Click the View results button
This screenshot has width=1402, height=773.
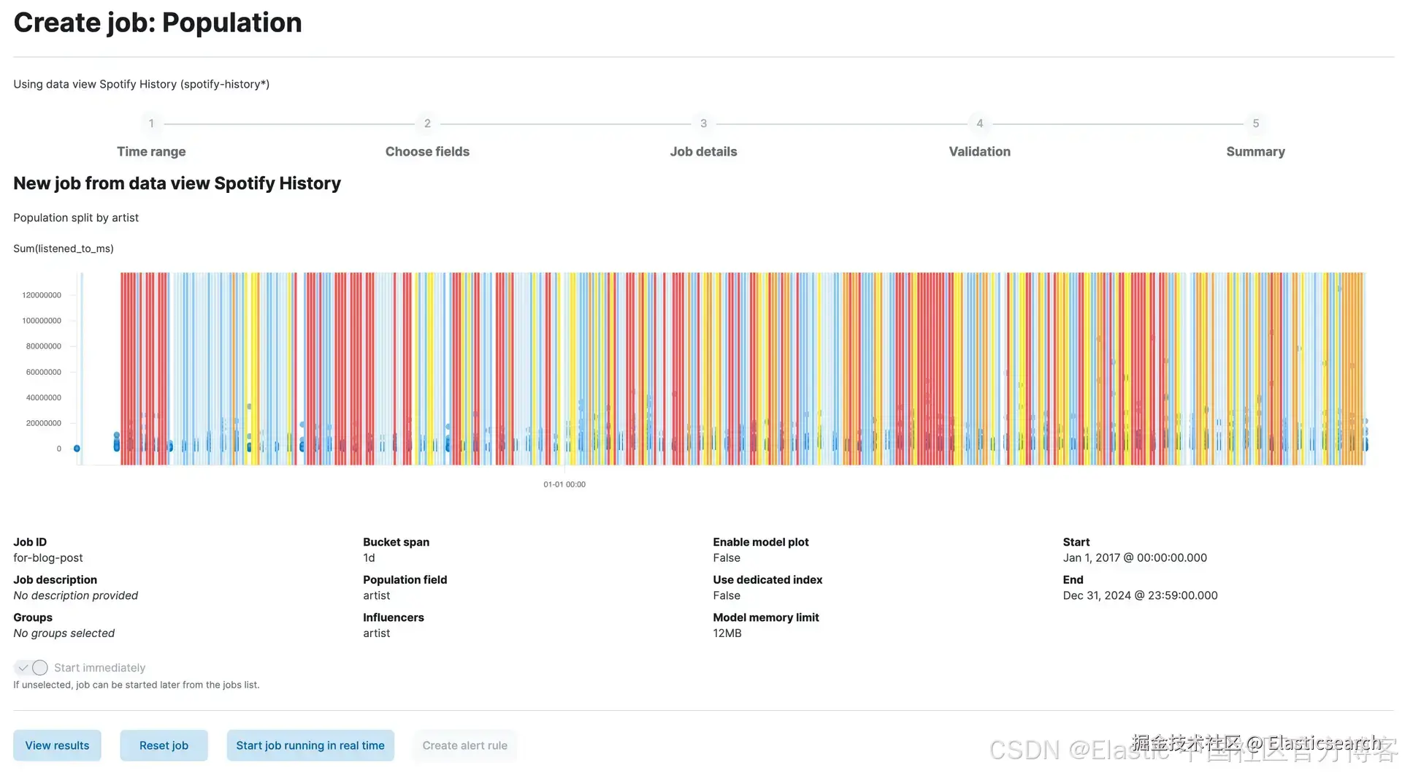[x=57, y=745]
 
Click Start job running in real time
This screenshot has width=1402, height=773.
[x=310, y=745]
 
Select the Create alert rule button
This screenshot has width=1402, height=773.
[x=464, y=745]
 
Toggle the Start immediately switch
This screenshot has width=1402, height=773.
[x=31, y=668]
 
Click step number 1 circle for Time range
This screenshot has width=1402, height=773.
[x=151, y=123]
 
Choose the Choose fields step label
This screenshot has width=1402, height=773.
[x=427, y=151]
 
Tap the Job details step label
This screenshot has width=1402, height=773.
[x=703, y=151]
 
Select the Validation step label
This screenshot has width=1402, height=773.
[x=979, y=151]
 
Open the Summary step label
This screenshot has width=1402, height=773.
[x=1255, y=151]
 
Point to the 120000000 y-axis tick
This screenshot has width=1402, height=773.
[x=42, y=295]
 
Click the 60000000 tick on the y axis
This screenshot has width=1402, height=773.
[x=44, y=372]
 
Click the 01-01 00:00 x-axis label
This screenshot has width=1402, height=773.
[x=564, y=484]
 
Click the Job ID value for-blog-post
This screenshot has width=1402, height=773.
[x=48, y=557]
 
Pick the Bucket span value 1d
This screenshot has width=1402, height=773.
[x=369, y=557]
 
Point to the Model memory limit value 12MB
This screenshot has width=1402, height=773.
[x=727, y=633]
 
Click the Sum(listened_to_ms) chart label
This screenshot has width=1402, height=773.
[x=64, y=248]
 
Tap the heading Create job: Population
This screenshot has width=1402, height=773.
[x=158, y=23]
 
